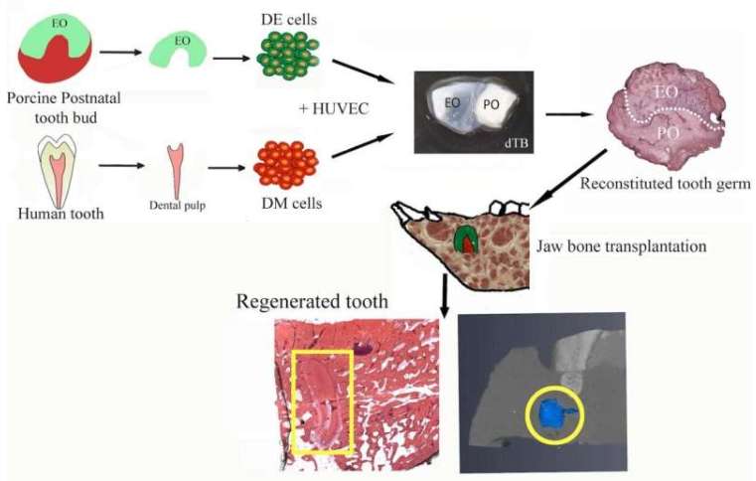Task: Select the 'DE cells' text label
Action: click(289, 18)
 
